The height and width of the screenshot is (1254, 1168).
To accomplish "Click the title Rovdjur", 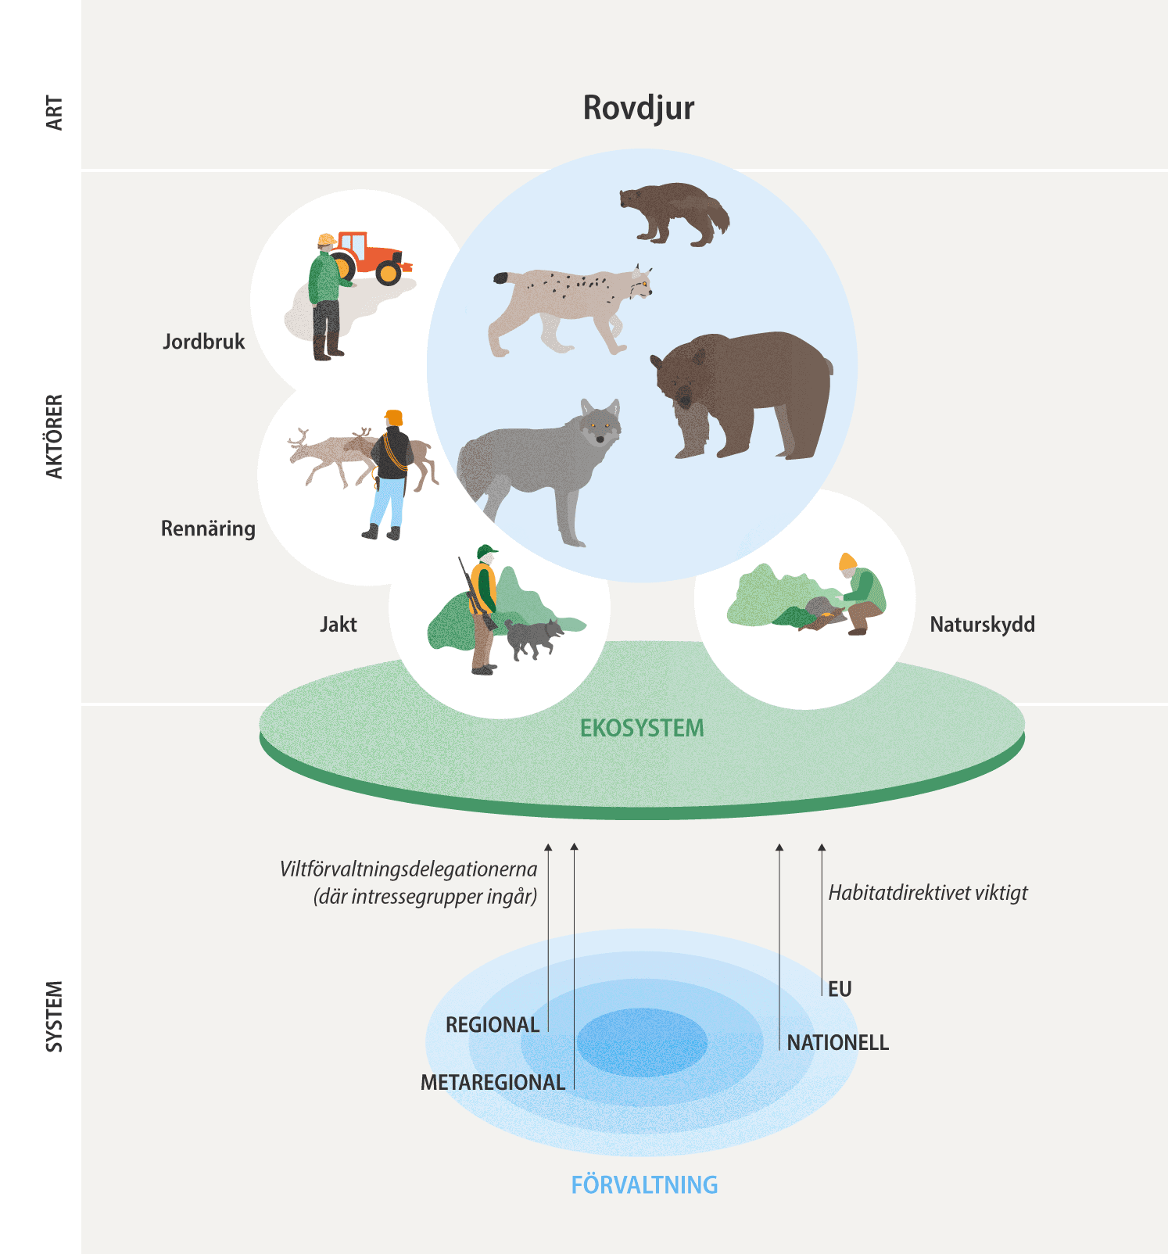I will [x=638, y=108].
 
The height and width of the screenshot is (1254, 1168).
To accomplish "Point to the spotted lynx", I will [x=571, y=305].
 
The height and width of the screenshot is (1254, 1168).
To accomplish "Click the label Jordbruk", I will [x=203, y=342].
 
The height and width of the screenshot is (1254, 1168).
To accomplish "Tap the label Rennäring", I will [x=208, y=528].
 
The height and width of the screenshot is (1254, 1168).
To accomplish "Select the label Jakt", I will [x=338, y=625].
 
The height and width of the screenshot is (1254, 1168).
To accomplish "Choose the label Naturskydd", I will [x=982, y=625].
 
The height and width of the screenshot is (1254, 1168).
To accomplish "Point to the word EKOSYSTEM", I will [x=642, y=729].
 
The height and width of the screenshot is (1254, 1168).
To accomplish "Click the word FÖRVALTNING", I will [x=644, y=1185].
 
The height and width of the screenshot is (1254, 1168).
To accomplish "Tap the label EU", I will [x=840, y=990].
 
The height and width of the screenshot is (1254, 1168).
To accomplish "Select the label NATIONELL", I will [x=837, y=1043].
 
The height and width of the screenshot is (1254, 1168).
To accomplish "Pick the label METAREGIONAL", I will [x=493, y=1083].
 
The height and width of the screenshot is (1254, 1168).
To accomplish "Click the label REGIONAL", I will [x=493, y=1025].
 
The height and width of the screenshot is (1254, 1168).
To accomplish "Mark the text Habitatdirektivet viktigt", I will [x=928, y=893].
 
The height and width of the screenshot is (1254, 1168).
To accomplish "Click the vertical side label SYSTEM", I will [x=54, y=1016].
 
